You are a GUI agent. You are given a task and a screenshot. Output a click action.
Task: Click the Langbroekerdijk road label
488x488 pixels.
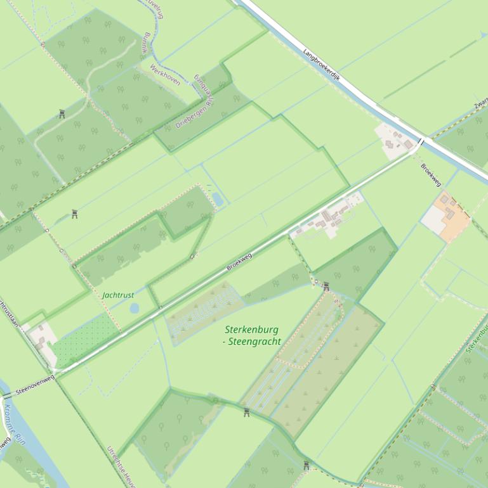click(322, 67)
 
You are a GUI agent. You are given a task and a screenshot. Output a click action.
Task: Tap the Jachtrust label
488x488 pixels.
click(118, 295)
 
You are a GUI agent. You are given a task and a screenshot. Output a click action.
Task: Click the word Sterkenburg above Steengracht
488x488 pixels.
click(251, 330)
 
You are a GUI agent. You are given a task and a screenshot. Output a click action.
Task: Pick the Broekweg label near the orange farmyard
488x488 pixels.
click(431, 174)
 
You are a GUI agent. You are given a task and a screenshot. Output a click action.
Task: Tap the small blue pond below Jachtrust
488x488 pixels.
click(134, 308)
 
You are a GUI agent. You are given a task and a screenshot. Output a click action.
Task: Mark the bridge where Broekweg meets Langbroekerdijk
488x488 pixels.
click(421, 142)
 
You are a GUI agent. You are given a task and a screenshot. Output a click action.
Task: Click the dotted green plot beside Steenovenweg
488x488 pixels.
click(86, 339)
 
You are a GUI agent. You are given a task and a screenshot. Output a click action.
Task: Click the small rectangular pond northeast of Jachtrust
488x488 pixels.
click(218, 199)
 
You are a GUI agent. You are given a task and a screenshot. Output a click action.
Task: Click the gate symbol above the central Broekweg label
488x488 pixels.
click(192, 257)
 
